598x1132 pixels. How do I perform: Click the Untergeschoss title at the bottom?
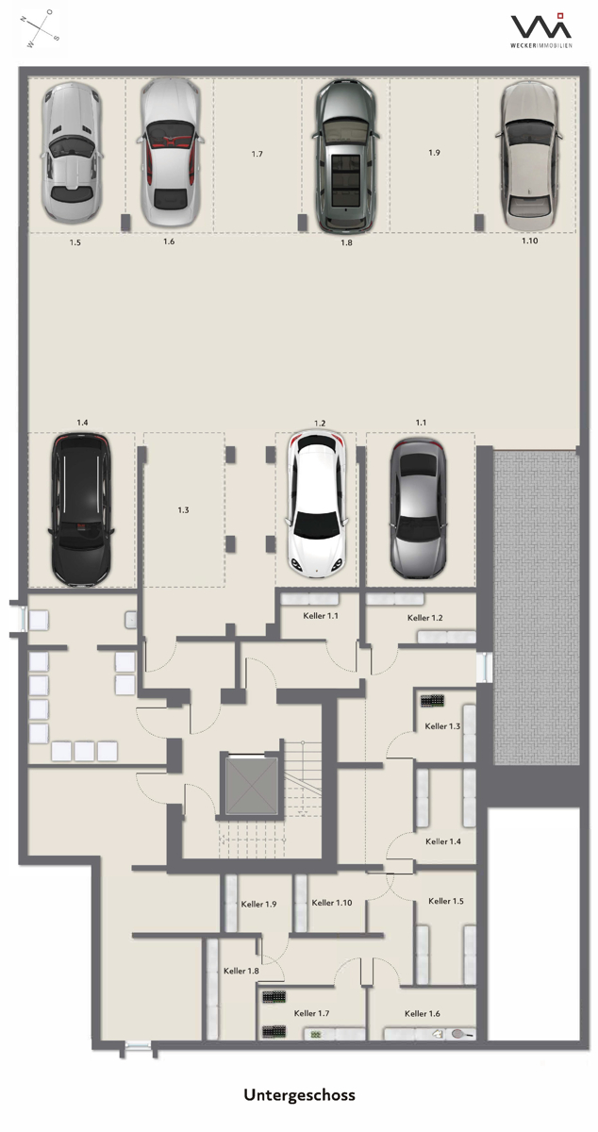click(299, 1095)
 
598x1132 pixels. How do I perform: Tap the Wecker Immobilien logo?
click(540, 30)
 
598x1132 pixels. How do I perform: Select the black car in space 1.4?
click(81, 508)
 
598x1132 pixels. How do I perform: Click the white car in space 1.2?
click(317, 503)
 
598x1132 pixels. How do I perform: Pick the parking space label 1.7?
click(257, 154)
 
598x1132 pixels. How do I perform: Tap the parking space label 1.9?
click(434, 152)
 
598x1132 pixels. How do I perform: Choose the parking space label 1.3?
click(183, 510)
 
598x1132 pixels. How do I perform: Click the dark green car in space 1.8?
click(347, 157)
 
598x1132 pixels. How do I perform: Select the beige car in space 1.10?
click(529, 156)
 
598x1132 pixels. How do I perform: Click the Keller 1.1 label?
click(321, 615)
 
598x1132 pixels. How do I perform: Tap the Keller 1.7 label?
click(311, 1013)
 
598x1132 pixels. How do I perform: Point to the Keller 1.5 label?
click(446, 901)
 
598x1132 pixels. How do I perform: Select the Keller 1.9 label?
click(258, 904)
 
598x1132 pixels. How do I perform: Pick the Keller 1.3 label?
click(442, 726)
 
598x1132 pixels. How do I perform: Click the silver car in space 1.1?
click(419, 508)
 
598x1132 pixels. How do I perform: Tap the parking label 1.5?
click(75, 242)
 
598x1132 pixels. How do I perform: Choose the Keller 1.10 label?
click(332, 903)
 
